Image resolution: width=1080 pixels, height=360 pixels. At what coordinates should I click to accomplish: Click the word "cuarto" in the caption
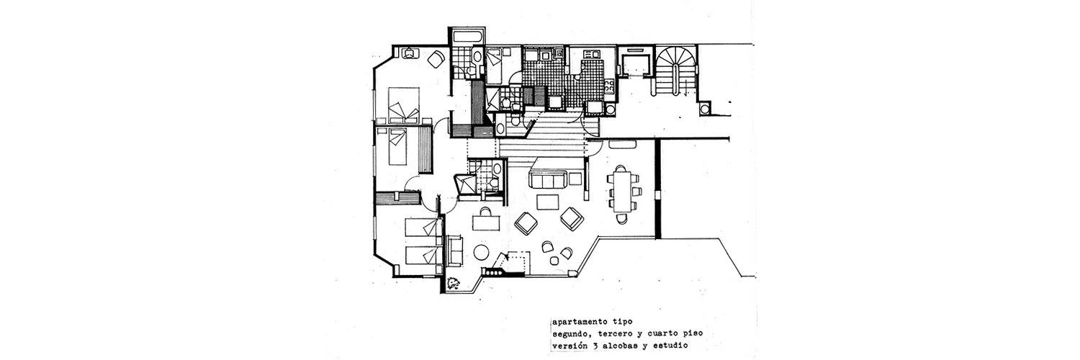point(666,333)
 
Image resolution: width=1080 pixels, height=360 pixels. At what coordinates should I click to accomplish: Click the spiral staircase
point(676,65)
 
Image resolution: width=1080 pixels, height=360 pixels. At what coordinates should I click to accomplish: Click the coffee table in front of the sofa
point(548,202)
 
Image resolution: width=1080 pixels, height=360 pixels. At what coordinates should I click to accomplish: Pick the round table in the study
point(481,252)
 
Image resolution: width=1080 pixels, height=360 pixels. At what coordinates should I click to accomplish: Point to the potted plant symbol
point(454,283)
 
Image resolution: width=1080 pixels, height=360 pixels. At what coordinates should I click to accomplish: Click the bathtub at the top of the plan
point(467,37)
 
